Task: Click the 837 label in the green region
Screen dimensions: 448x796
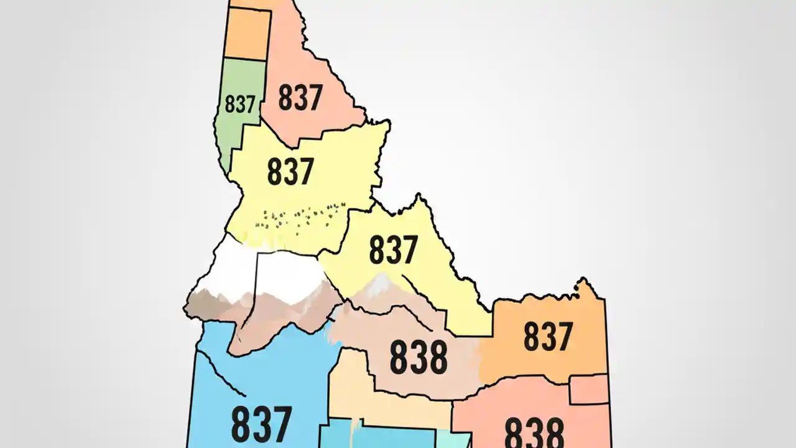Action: click(x=240, y=105)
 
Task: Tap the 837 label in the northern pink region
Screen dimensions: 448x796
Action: click(x=300, y=98)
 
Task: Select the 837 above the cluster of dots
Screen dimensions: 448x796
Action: click(x=290, y=171)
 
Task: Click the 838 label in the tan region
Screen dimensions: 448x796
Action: click(x=418, y=357)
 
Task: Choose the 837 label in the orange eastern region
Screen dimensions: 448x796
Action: click(x=548, y=336)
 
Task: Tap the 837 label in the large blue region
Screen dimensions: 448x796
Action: click(x=261, y=424)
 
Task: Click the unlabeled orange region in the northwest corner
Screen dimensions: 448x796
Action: click(x=247, y=34)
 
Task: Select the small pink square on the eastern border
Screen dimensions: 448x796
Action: click(x=588, y=390)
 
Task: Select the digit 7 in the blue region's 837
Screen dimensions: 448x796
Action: click(x=279, y=424)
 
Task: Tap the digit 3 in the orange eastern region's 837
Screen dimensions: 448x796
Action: click(x=548, y=336)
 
